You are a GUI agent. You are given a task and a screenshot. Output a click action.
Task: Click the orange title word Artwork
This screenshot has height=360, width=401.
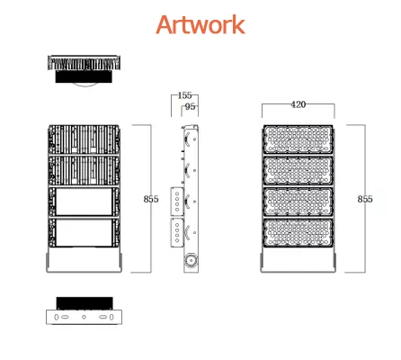tap(200, 24)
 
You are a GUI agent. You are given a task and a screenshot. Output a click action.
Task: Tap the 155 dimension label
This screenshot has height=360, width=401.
tap(184, 95)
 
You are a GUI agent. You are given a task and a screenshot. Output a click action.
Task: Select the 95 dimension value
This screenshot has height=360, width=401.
tap(190, 106)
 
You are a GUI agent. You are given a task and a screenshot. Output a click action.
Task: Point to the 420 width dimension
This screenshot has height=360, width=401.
tap(299, 104)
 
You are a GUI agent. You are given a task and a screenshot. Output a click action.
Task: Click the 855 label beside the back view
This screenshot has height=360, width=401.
tap(151, 199)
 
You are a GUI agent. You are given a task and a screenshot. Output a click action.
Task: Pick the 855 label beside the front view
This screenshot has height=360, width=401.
tap(365, 199)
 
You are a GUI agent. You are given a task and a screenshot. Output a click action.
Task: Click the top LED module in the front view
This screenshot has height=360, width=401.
tap(298, 139)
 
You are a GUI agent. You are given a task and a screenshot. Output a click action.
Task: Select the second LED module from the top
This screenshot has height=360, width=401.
tap(298, 170)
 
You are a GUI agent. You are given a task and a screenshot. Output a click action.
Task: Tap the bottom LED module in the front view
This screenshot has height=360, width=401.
tap(298, 233)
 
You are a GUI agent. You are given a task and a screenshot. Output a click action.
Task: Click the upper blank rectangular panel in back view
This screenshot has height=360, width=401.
tap(85, 202)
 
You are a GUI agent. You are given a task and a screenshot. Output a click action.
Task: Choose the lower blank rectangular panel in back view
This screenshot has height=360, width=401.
tap(85, 233)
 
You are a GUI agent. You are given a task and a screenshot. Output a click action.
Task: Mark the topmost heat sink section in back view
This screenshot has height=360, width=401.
tap(84, 139)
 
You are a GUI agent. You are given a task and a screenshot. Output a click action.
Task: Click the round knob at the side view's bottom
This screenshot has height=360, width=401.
tap(191, 260)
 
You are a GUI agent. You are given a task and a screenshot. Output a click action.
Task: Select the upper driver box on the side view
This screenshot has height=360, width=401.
tap(177, 202)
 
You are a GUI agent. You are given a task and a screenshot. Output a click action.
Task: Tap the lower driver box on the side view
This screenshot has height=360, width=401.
tap(177, 233)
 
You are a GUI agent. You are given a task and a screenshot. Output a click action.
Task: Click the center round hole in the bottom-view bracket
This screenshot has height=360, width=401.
tap(84, 317)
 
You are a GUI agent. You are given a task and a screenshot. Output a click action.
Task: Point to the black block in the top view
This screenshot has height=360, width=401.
tap(84, 76)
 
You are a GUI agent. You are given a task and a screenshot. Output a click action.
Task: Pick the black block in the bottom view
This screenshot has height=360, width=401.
tap(85, 303)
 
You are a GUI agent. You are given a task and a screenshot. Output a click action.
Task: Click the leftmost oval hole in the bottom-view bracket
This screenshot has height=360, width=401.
tap(57, 317)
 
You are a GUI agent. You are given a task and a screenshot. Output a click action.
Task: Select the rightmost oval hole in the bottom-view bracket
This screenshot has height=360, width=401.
tap(111, 317)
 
